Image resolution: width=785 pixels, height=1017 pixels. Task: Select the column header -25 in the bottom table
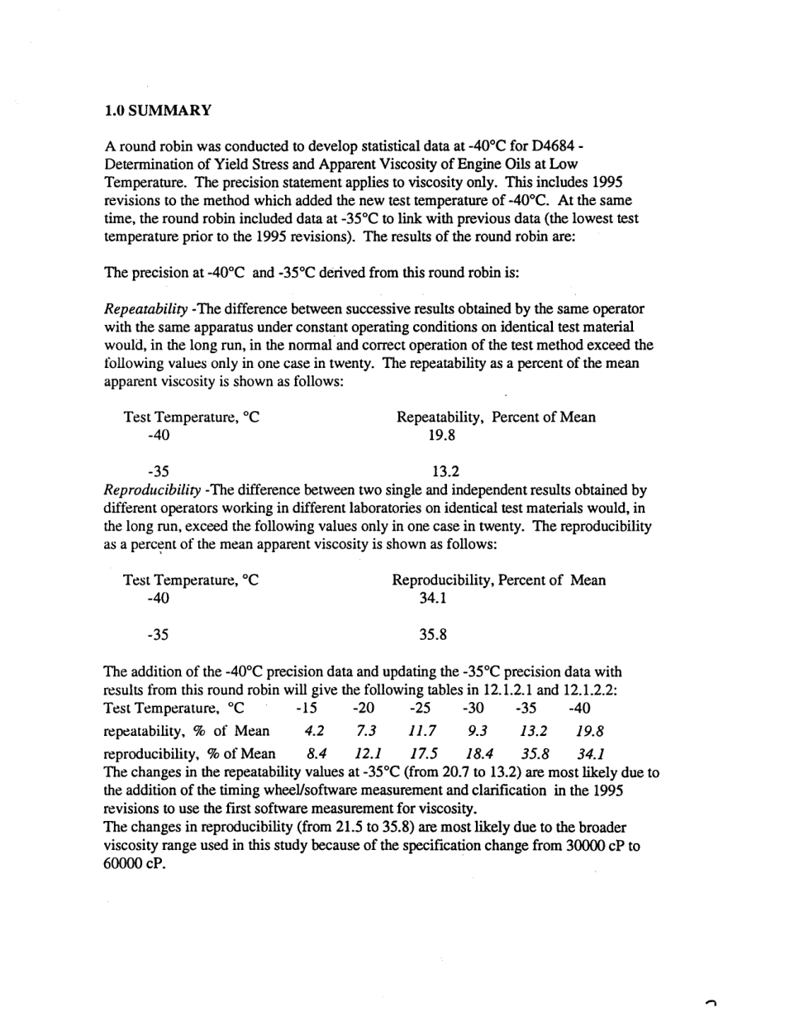tap(421, 708)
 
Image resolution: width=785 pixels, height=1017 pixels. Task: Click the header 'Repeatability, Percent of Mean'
tap(496, 418)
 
